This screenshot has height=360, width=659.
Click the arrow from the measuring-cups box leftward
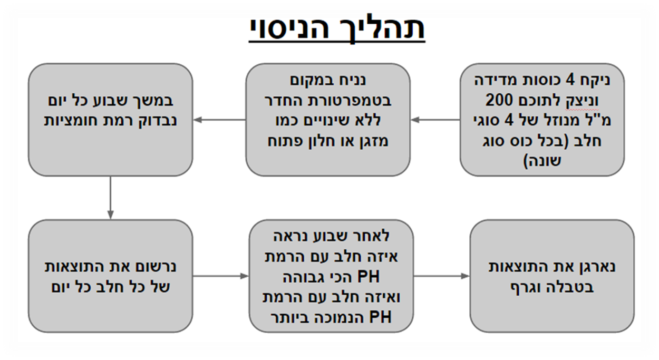434,120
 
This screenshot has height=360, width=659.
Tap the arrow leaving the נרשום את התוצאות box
220,276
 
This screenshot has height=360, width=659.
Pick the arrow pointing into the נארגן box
442,276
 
